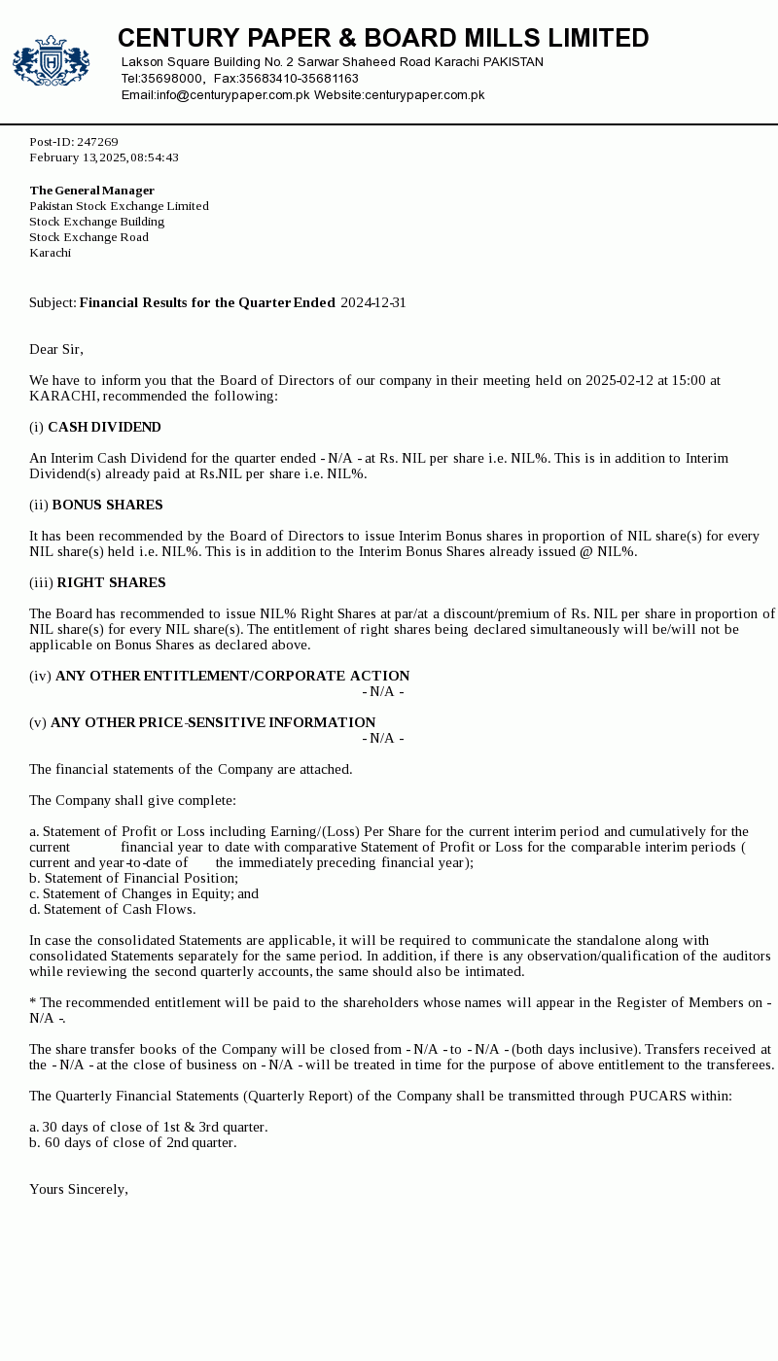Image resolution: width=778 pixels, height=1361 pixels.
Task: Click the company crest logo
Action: coord(51,61)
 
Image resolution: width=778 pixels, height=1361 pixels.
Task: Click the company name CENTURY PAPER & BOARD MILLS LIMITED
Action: coord(383,38)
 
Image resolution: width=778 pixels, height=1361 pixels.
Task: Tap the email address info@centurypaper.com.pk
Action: coord(232,95)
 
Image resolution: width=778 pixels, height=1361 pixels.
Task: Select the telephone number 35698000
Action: coord(172,79)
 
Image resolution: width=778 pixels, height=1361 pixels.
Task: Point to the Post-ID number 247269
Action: coord(97,142)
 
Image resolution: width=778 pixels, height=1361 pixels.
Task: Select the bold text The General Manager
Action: coord(92,191)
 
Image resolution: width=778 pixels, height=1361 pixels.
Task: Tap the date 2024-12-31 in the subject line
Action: coord(372,303)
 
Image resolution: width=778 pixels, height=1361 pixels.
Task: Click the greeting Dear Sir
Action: coord(56,350)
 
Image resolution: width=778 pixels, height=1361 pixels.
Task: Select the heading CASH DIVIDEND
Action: coord(104,428)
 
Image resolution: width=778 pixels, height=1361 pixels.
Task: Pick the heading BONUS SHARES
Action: coord(107,506)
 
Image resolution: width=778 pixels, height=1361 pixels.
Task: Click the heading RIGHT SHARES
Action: coord(111,583)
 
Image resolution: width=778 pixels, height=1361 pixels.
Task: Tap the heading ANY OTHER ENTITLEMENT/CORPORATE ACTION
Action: coord(232,677)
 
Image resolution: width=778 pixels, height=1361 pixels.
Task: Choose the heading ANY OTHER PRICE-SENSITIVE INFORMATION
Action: coord(213,723)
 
